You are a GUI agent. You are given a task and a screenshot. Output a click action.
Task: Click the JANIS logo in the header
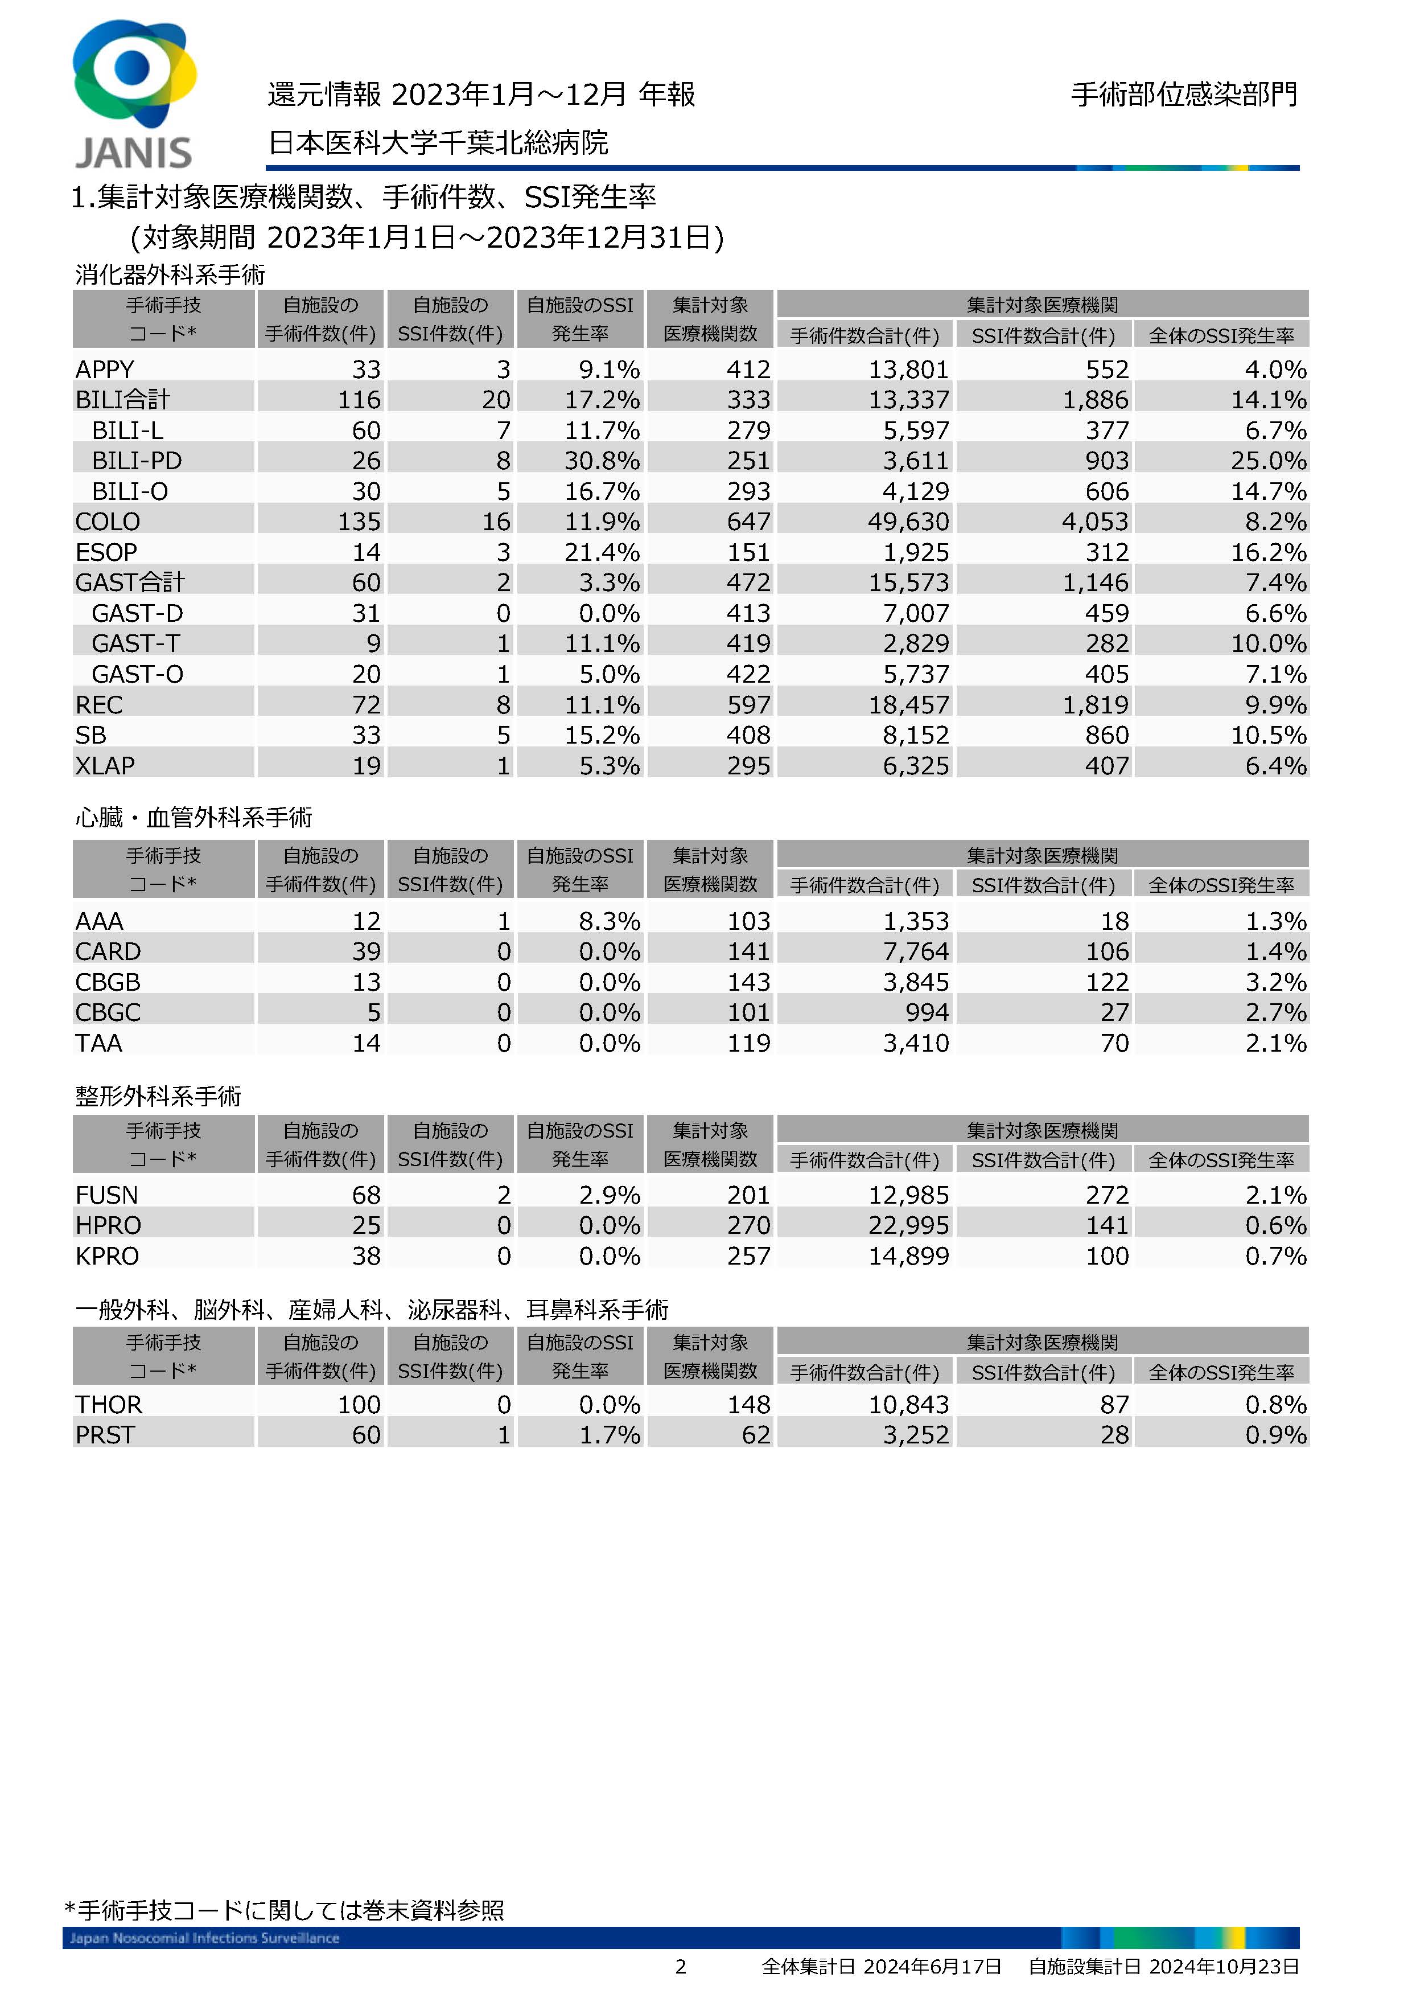coord(133,94)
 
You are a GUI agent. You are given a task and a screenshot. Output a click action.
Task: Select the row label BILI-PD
coord(137,460)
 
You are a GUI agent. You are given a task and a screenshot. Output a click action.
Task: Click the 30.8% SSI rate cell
coord(601,460)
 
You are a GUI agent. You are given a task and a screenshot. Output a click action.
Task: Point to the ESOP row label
coord(106,552)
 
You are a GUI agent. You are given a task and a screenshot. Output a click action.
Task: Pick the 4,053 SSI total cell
coord(1094,521)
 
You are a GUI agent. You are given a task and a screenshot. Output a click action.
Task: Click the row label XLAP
coord(105,766)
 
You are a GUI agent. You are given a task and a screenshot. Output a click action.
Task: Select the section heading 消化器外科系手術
coord(170,275)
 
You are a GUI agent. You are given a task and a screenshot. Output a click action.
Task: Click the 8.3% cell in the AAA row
coord(609,921)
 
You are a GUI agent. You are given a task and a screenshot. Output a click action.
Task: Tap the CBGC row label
coord(108,1012)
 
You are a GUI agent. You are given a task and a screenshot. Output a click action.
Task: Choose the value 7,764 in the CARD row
coord(915,951)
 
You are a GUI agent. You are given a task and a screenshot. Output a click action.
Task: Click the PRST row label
coord(105,1435)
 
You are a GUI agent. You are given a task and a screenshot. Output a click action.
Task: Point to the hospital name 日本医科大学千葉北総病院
coord(438,142)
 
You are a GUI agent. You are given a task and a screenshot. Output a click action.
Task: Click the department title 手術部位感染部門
coord(1183,94)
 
